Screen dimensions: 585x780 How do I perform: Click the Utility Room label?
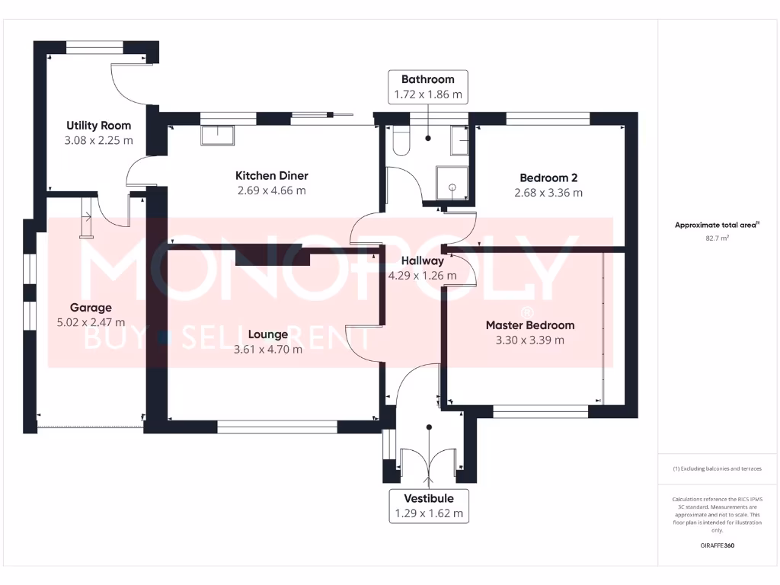coord(98,126)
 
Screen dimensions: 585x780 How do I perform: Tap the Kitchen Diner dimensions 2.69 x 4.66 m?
coord(271,190)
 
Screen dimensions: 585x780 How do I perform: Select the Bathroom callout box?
coord(427,87)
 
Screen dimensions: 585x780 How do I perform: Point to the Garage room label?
coord(91,308)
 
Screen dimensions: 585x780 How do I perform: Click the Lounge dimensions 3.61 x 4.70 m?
coord(267,350)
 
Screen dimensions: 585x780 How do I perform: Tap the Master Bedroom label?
coord(530,325)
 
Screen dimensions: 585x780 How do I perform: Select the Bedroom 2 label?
coord(548,178)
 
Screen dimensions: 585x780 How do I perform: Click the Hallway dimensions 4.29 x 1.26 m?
coord(422,276)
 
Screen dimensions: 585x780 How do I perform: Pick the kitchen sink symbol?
coord(218,136)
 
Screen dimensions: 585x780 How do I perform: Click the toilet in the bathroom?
coord(400,142)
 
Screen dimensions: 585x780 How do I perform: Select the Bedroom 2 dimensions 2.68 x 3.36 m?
coord(548,193)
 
